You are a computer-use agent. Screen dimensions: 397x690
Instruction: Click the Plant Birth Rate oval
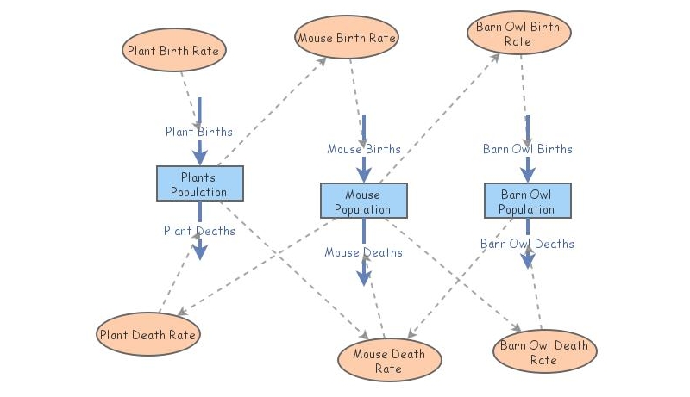click(173, 50)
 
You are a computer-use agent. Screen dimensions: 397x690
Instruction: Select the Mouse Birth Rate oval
click(346, 38)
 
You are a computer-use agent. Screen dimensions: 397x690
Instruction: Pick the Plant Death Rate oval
click(148, 333)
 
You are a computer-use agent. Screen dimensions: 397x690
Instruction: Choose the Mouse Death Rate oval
click(388, 361)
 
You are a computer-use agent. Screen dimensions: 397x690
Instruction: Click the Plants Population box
click(199, 184)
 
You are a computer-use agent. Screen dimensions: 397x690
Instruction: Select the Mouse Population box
click(363, 201)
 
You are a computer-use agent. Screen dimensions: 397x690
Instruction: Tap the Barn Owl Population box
click(526, 201)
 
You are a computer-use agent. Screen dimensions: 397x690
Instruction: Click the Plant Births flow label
click(199, 132)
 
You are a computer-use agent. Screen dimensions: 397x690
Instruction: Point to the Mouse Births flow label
click(363, 149)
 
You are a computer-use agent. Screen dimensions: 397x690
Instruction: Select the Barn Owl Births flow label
click(527, 149)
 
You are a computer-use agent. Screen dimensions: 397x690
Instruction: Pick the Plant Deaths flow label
click(199, 231)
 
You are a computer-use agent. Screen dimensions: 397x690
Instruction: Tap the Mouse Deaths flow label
click(363, 252)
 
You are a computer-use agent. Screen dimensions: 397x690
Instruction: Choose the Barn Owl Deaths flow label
click(527, 244)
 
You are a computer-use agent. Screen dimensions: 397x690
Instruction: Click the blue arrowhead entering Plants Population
click(200, 158)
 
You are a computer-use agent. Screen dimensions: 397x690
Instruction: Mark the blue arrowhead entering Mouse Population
click(364, 175)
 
